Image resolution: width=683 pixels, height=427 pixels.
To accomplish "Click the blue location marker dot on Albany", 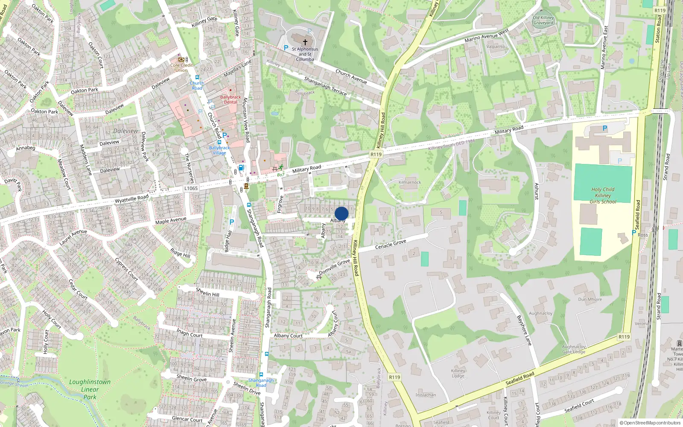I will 341,213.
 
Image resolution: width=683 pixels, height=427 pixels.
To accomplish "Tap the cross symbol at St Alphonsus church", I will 305,42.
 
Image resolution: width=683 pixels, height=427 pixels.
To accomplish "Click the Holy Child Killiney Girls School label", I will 603,195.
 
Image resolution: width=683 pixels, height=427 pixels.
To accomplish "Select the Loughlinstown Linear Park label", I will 90,389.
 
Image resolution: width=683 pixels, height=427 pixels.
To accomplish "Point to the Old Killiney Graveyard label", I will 543,20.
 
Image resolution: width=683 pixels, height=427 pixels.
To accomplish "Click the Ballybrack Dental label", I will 231,99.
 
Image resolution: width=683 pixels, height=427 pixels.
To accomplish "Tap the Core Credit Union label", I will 181,67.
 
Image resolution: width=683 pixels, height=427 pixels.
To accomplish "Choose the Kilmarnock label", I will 409,182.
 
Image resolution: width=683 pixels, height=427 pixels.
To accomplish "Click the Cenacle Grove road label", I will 391,244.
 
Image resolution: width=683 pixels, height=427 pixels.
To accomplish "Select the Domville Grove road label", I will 334,267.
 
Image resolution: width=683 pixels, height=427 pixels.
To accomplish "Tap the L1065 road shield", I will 191,188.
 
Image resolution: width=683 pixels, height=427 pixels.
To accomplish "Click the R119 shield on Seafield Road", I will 624,337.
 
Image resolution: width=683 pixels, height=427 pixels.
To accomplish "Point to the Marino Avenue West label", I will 487,35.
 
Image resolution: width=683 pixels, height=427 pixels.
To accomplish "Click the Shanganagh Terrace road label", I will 325,86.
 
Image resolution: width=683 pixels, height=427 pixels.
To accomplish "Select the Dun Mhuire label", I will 590,299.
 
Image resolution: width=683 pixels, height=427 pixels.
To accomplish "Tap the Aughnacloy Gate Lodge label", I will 574,349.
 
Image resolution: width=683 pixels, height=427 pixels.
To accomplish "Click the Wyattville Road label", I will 131,199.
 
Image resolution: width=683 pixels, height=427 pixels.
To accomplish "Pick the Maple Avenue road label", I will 171,221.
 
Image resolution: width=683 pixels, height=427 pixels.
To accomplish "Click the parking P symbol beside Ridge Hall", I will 232,222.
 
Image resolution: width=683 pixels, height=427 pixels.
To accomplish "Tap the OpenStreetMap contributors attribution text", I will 650,423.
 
